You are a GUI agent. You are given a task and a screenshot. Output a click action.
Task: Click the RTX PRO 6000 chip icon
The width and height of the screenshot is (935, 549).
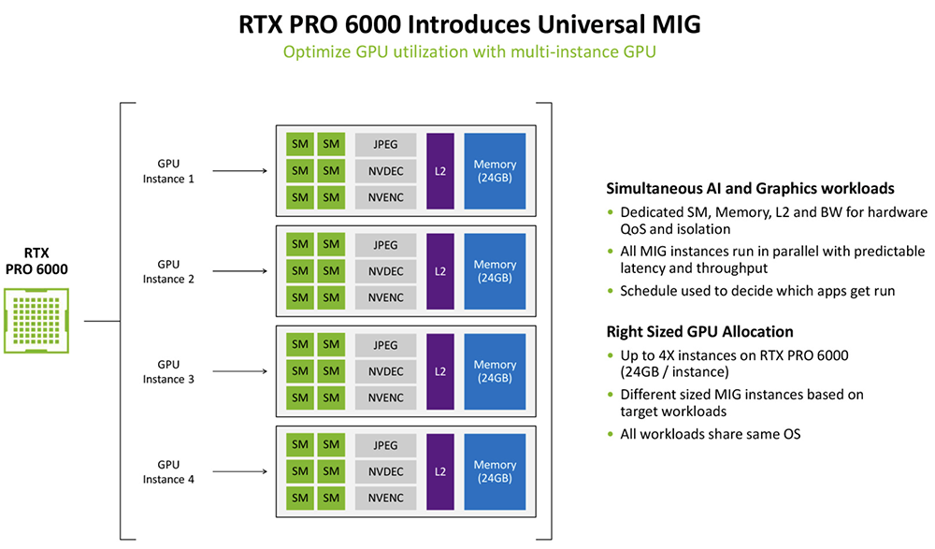37,319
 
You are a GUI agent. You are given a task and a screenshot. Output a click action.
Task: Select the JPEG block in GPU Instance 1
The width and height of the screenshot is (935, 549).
385,145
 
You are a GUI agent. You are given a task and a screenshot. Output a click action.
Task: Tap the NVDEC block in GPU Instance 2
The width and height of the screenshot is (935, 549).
385,271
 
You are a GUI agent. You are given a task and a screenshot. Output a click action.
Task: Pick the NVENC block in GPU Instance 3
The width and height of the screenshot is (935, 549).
385,397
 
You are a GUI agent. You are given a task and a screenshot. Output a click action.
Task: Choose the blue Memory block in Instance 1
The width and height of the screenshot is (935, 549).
495,171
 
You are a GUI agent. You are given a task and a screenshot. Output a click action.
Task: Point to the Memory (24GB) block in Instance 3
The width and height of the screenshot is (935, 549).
495,371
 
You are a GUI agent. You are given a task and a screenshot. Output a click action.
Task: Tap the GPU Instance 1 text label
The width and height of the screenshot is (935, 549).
168,171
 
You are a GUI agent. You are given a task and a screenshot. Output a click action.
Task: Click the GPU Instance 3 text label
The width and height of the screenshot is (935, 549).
168,371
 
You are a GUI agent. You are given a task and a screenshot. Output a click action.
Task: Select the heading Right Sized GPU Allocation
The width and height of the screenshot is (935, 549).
699,331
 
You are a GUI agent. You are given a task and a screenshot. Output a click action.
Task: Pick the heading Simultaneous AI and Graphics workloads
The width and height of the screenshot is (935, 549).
751,187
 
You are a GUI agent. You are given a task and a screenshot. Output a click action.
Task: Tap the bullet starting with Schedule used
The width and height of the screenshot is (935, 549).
757,290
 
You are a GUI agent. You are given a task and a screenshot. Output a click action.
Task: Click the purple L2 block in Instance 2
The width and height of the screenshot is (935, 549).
439,271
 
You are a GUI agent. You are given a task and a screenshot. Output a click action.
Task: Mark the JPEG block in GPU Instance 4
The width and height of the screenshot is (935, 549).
385,445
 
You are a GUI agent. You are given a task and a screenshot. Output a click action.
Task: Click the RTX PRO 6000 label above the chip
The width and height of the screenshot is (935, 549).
37,261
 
